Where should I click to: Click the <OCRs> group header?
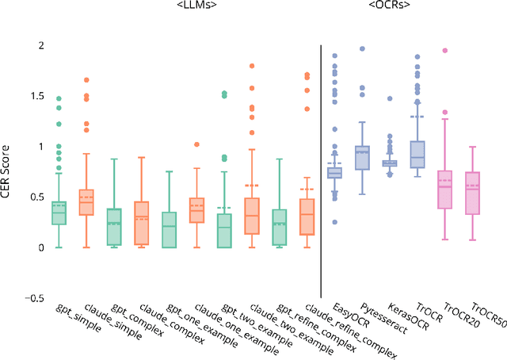pos(389,6)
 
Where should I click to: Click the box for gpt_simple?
pos(59,213)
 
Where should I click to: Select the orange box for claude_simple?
pos(86,202)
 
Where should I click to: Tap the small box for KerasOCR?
pos(390,163)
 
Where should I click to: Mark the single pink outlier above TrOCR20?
pos(445,50)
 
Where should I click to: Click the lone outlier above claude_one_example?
pos(197,144)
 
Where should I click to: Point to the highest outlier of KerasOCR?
pos(390,98)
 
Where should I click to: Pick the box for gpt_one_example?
pos(170,230)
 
